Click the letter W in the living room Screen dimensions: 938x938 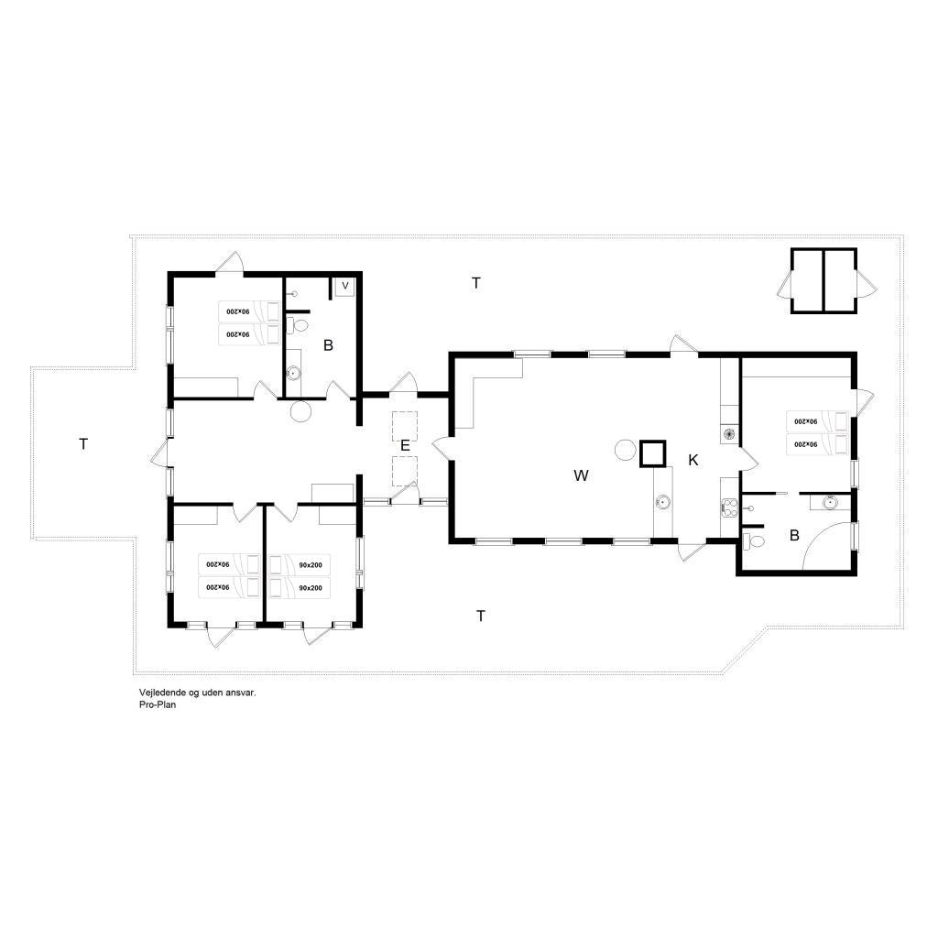(581, 475)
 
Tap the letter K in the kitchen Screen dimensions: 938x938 (693, 460)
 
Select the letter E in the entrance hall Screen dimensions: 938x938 (405, 446)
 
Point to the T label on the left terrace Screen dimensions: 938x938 (83, 444)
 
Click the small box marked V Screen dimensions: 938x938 (344, 287)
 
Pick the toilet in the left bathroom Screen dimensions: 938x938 (298, 326)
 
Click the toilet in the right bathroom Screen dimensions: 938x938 (754, 542)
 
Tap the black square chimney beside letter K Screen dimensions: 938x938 (652, 453)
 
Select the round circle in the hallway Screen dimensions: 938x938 (300, 411)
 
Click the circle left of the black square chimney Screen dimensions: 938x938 (625, 449)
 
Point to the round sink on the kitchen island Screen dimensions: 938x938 (663, 501)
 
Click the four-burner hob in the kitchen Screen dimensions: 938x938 (728, 507)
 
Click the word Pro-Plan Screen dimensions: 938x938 (158, 704)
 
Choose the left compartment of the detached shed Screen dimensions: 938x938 (808, 281)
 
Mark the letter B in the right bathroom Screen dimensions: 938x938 (794, 535)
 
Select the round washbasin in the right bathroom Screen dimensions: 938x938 (830, 502)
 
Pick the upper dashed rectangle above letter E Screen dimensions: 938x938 (404, 426)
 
